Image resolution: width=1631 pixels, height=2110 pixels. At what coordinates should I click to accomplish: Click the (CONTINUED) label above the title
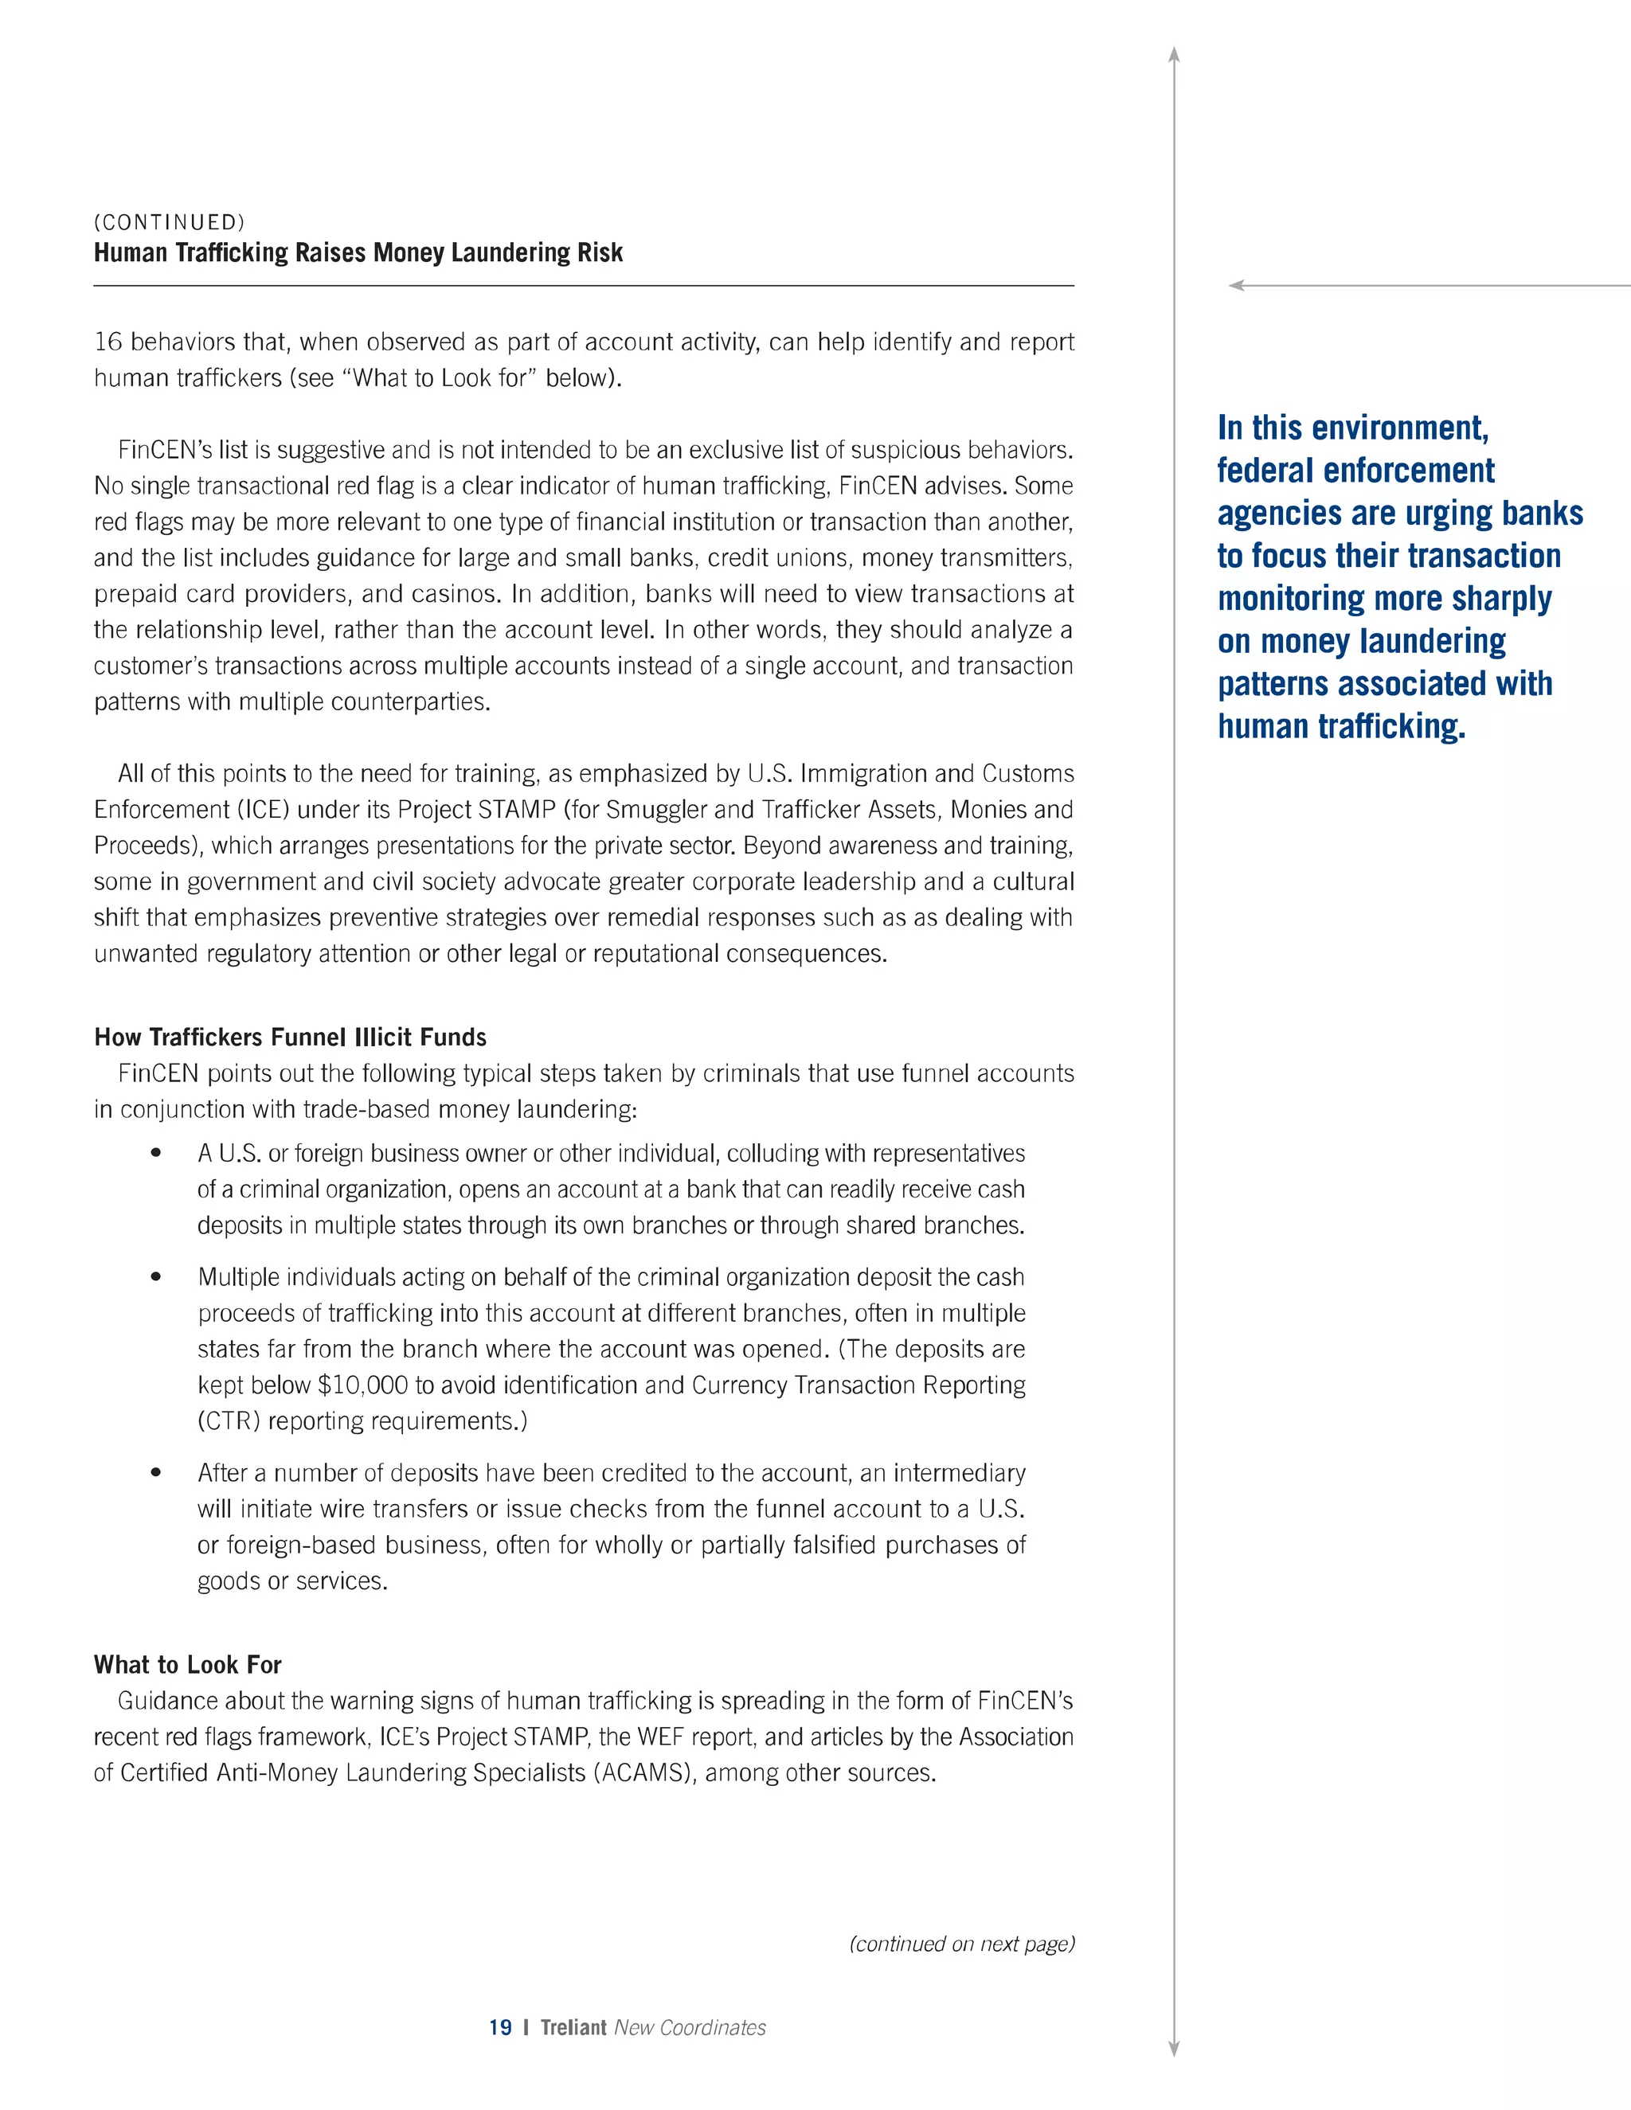[x=169, y=222]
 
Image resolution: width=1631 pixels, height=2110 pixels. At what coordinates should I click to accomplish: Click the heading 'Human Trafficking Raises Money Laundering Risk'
[x=358, y=253]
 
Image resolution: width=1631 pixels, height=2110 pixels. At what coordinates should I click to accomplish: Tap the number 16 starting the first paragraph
[x=108, y=342]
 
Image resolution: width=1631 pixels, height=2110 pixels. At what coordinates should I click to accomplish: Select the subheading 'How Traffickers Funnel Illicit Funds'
[x=290, y=1037]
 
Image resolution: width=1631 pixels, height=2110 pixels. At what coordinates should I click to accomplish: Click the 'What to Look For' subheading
[x=187, y=1665]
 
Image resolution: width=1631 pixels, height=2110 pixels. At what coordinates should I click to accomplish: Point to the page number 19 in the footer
[x=499, y=2028]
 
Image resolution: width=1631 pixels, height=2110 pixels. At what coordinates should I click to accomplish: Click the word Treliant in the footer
[x=573, y=2028]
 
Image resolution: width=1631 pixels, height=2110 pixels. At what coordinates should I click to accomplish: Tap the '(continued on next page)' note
[x=961, y=1944]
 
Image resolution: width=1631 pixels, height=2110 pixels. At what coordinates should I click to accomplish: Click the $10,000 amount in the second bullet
[x=362, y=1385]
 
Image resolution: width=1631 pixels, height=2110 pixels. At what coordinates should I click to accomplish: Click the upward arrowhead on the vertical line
[x=1174, y=54]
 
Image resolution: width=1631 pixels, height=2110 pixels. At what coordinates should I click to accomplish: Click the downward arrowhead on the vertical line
[x=1174, y=2050]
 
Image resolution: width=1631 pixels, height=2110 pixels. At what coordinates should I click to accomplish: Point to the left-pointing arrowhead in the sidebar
[x=1235, y=285]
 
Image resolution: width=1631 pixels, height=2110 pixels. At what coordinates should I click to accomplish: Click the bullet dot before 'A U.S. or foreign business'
[x=155, y=1154]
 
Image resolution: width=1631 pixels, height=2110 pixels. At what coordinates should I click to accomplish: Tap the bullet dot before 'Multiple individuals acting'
[x=155, y=1277]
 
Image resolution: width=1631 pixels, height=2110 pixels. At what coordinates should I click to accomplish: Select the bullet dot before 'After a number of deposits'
[x=155, y=1473]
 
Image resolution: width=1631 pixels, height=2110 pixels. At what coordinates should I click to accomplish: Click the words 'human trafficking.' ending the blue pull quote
[x=1341, y=726]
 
